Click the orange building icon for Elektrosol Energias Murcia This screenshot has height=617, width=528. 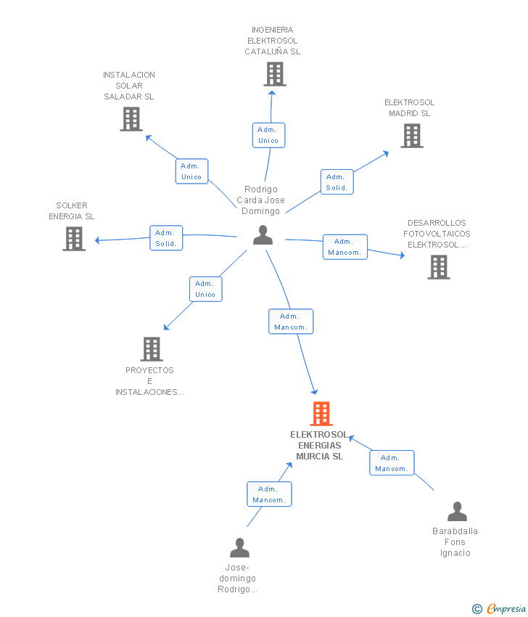321,414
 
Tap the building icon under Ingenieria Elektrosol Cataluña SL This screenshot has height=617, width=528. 275,74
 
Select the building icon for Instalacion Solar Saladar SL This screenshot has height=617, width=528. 131,119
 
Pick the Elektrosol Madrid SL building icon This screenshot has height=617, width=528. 412,136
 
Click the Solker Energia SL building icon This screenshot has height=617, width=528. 74,239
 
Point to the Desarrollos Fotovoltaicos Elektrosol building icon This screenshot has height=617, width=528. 439,267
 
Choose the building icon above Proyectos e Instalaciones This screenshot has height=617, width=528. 152,349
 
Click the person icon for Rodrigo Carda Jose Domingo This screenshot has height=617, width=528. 263,235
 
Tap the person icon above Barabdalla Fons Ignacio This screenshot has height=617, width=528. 457,512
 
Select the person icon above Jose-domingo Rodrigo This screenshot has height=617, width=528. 239,548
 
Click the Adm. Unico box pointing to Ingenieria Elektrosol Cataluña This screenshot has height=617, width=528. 268,135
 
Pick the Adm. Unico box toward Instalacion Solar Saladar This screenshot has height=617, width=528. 191,171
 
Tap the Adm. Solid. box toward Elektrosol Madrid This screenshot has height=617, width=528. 337,181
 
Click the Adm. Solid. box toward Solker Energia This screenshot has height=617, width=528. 166,237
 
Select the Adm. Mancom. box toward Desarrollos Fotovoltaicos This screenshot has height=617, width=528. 345,247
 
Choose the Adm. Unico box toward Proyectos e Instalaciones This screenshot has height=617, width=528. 206,289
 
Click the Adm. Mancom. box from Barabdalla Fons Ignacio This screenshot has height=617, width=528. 392,463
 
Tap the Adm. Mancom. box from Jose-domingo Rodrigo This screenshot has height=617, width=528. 269,494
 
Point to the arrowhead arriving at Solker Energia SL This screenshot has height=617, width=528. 97,240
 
